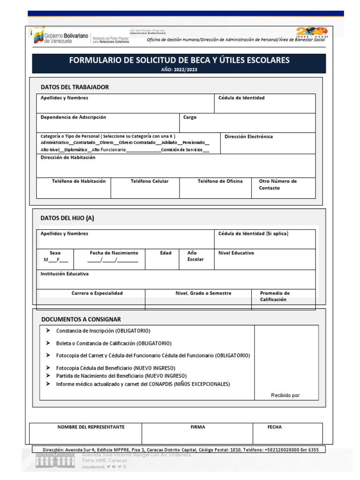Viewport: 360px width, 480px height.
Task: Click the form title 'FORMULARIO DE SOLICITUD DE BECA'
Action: [x=179, y=60]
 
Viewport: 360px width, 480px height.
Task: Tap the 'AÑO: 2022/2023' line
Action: [x=179, y=69]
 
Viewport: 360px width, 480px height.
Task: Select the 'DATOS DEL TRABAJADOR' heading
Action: [x=75, y=87]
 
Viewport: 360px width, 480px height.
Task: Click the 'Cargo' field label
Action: [x=190, y=117]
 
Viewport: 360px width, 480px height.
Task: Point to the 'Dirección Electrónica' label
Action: [x=248, y=137]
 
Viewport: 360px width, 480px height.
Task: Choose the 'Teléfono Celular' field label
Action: [x=150, y=181]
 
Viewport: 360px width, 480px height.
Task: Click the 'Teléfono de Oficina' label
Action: [x=220, y=181]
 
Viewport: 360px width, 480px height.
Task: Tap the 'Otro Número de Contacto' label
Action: [x=277, y=185]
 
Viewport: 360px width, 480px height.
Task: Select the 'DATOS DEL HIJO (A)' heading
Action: [x=67, y=218]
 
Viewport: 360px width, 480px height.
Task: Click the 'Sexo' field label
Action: [x=55, y=253]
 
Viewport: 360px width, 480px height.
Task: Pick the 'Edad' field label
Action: [x=166, y=253]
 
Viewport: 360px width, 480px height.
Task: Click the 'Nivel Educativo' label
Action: [x=236, y=253]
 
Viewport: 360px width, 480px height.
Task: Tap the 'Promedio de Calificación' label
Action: [x=275, y=296]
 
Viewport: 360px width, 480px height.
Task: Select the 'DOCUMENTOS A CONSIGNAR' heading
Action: [x=81, y=319]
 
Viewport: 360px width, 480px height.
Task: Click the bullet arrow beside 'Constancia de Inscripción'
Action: [x=48, y=330]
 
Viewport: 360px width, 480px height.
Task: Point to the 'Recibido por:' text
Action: [x=285, y=395]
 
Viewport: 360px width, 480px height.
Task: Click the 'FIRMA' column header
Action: [x=198, y=427]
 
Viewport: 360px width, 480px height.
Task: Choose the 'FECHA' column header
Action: [x=275, y=427]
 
